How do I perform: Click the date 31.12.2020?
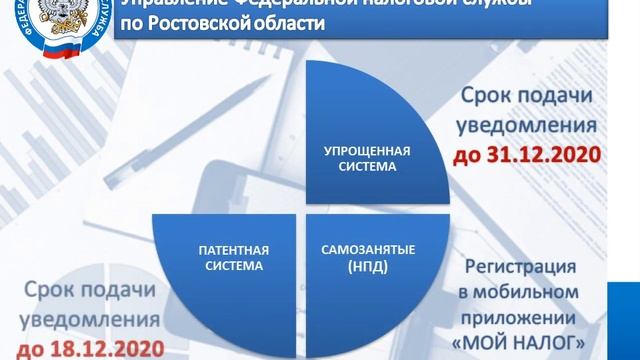(x=541, y=156)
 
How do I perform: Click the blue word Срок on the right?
(x=492, y=97)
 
